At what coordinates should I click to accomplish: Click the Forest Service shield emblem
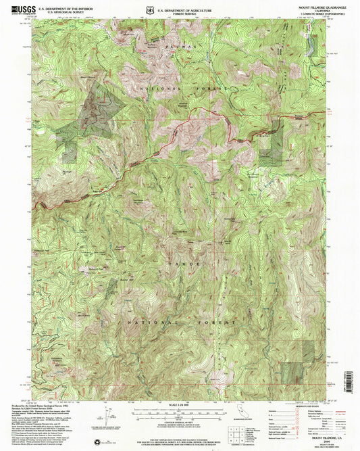[176, 11]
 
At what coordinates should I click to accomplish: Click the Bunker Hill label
[124, 278]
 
